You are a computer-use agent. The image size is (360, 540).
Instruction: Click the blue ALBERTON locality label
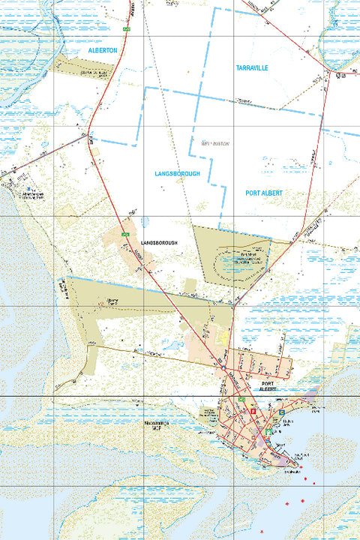point(103,49)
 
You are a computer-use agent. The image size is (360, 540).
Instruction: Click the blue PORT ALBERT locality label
point(263,193)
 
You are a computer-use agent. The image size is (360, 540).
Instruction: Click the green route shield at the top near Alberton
point(127,28)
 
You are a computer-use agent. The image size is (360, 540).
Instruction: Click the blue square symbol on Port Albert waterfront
point(281,412)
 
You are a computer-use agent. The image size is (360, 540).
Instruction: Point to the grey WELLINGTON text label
point(215,142)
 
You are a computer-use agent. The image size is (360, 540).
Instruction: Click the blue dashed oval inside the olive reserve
point(234,261)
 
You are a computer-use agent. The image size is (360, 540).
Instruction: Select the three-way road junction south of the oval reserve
point(234,306)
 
